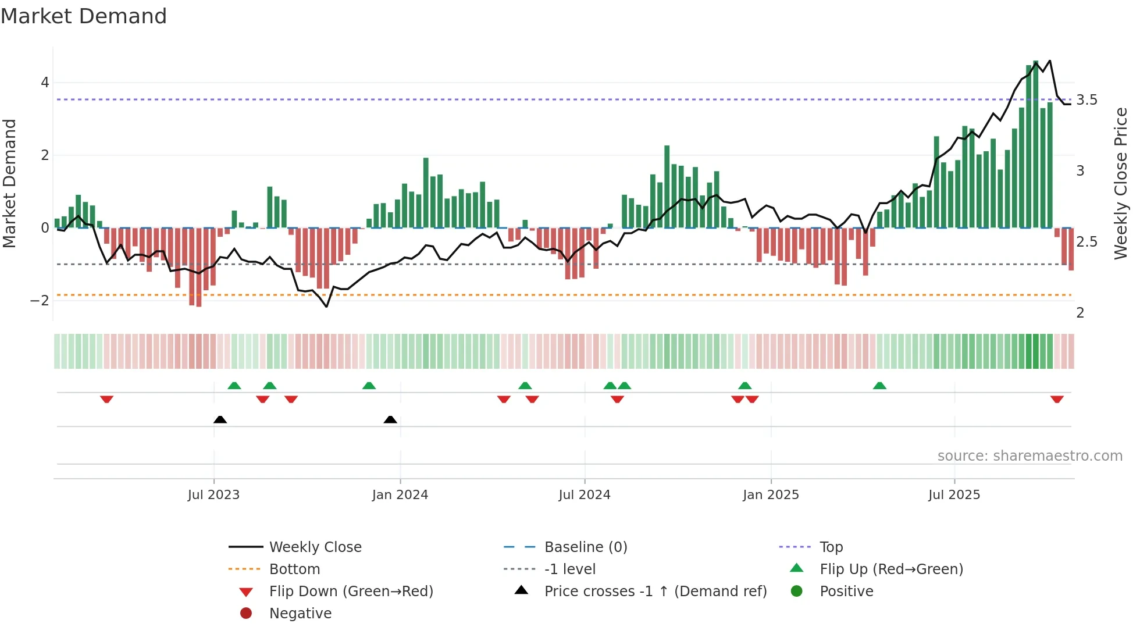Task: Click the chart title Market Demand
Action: (x=84, y=16)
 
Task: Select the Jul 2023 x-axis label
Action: (x=213, y=495)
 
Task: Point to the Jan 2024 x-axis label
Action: (x=400, y=495)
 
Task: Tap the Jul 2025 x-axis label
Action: (x=954, y=495)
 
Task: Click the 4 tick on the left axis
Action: (x=45, y=83)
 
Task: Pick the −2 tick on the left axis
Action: (x=40, y=301)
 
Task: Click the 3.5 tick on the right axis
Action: (x=1086, y=100)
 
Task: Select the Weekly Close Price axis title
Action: (x=1120, y=183)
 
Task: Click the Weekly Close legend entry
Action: (x=315, y=547)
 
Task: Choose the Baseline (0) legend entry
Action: (x=585, y=547)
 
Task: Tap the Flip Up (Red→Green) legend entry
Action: (x=891, y=569)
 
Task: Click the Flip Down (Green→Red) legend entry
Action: (x=351, y=592)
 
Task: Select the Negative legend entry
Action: (x=300, y=614)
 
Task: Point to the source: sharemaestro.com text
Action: (x=1029, y=456)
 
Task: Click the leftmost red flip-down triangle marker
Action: (x=106, y=399)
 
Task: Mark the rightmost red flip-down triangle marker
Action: (x=1057, y=399)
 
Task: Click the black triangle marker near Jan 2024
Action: (x=390, y=419)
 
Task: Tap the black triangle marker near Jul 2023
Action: (x=220, y=419)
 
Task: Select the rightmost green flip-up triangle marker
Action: (x=879, y=386)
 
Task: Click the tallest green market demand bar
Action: (x=1035, y=145)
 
